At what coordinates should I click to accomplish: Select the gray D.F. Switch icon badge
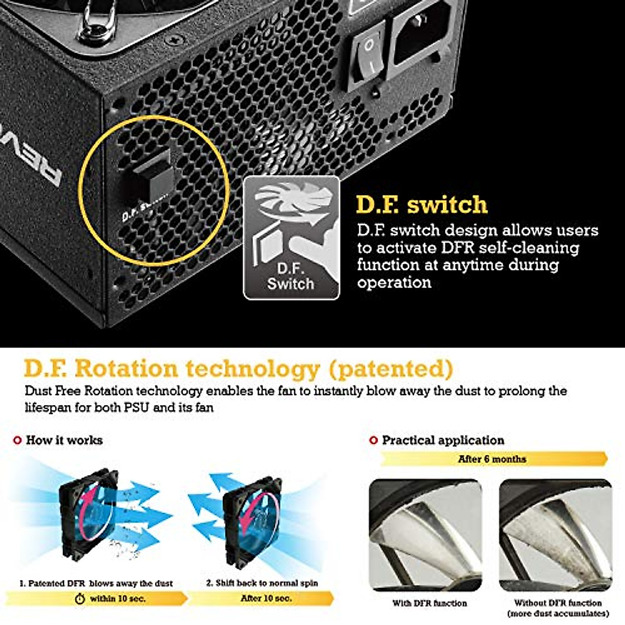coord(292,238)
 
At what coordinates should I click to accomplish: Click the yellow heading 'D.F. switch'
coord(421,205)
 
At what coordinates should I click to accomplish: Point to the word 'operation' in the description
coord(394,283)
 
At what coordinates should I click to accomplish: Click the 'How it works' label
coord(64,440)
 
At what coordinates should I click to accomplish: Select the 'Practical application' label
coord(443,440)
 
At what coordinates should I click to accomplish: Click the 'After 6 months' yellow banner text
coord(492,459)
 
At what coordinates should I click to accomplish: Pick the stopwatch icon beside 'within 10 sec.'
coord(80,599)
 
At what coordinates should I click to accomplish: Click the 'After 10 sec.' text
coord(266,598)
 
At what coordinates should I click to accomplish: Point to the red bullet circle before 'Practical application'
coord(373,441)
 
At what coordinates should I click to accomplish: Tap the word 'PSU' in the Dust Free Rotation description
coord(137,407)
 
